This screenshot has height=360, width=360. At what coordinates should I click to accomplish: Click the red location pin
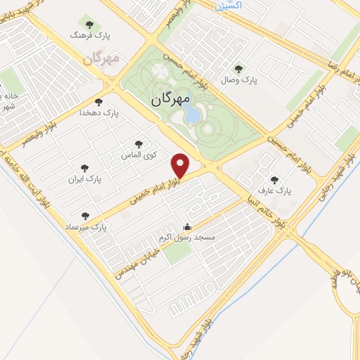(x=181, y=165)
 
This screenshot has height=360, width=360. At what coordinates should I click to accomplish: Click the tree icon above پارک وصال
(x=240, y=68)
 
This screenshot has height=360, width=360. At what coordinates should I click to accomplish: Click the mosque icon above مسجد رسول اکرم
(x=187, y=227)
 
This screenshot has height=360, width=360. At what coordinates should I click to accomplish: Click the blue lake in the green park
(x=191, y=115)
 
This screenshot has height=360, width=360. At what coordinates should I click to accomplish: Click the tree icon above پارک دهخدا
(x=108, y=101)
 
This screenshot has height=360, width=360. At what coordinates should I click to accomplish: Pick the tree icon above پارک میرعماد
(x=86, y=215)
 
